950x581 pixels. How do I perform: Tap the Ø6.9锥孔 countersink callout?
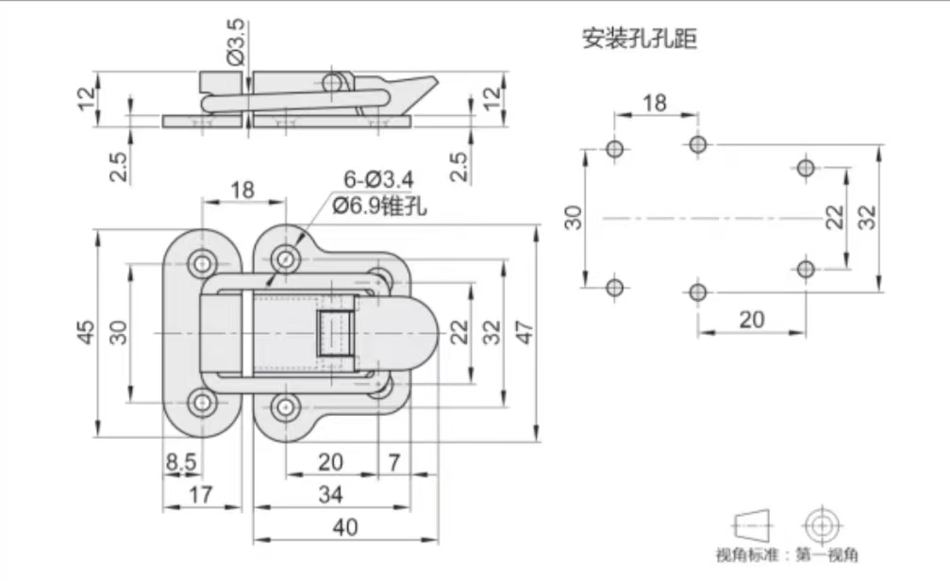coord(378,205)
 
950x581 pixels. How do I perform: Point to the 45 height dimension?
coord(86,332)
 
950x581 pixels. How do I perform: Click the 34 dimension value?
coord(330,493)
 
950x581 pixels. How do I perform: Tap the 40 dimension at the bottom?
coord(345,527)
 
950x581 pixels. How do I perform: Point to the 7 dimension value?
coord(394,462)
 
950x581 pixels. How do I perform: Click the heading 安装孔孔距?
coord(639,40)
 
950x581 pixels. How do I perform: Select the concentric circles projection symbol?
coord(821,524)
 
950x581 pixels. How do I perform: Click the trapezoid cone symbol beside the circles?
coord(752,523)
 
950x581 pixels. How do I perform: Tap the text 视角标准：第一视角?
coord(786,557)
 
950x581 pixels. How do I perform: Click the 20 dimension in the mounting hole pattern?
coord(751,319)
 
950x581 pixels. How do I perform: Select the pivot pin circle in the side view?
coord(330,85)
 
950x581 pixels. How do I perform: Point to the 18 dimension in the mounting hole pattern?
coord(655,103)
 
